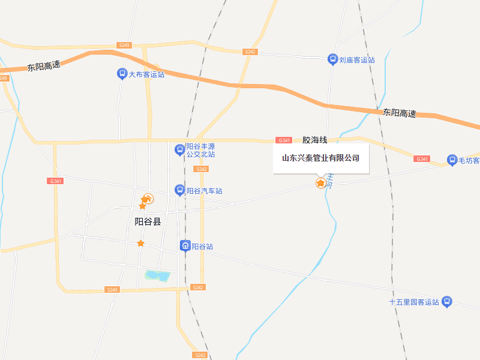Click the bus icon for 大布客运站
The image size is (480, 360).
point(122,74)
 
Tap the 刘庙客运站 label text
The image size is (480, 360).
point(357,60)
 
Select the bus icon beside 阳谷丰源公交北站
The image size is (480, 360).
point(179,149)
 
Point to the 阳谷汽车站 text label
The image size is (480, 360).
point(205,191)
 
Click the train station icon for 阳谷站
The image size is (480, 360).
point(185,246)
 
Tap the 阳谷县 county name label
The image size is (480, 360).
point(148,221)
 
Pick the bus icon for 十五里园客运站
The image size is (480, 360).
point(446,302)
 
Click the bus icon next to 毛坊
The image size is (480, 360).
point(452,160)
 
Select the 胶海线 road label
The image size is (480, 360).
point(315,140)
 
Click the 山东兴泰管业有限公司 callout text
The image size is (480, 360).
point(320,158)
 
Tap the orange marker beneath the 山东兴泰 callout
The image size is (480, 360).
point(321,182)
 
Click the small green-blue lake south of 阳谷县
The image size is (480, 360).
point(157,276)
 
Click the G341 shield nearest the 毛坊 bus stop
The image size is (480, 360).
point(422,159)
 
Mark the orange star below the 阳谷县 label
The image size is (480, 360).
point(140,243)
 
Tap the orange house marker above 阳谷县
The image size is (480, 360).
point(147,199)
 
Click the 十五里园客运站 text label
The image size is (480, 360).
point(414,302)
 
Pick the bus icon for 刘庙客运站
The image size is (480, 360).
point(332,59)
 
